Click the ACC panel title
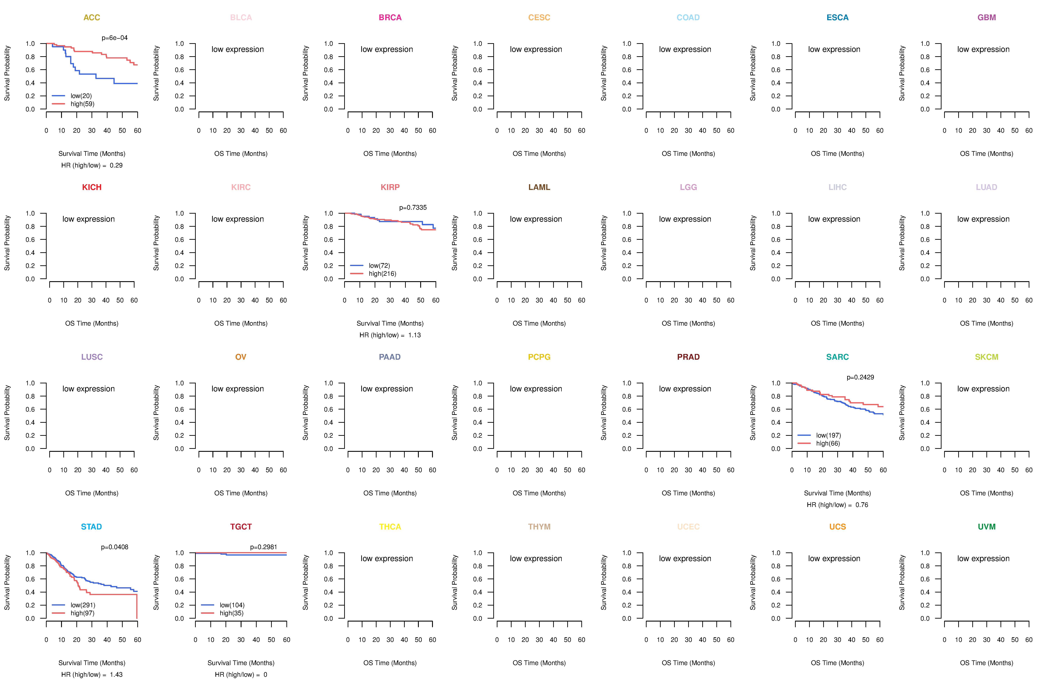(92, 18)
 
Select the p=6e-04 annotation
(114, 38)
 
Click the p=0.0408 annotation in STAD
(114, 547)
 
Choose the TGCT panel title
(241, 527)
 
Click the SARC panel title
(837, 357)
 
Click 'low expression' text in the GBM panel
(983, 49)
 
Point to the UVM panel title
(987, 527)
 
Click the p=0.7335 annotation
(413, 208)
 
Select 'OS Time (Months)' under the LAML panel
(539, 323)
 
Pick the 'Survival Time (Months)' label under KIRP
(390, 323)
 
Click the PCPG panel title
(539, 357)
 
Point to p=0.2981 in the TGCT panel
(264, 547)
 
